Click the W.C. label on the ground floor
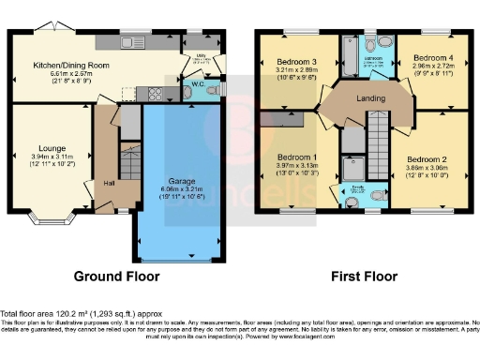coord(198,84)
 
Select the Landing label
coord(366,96)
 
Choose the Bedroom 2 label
coord(428,158)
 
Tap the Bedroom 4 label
coord(430,57)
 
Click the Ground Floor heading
coord(116,277)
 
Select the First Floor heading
coord(365,277)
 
